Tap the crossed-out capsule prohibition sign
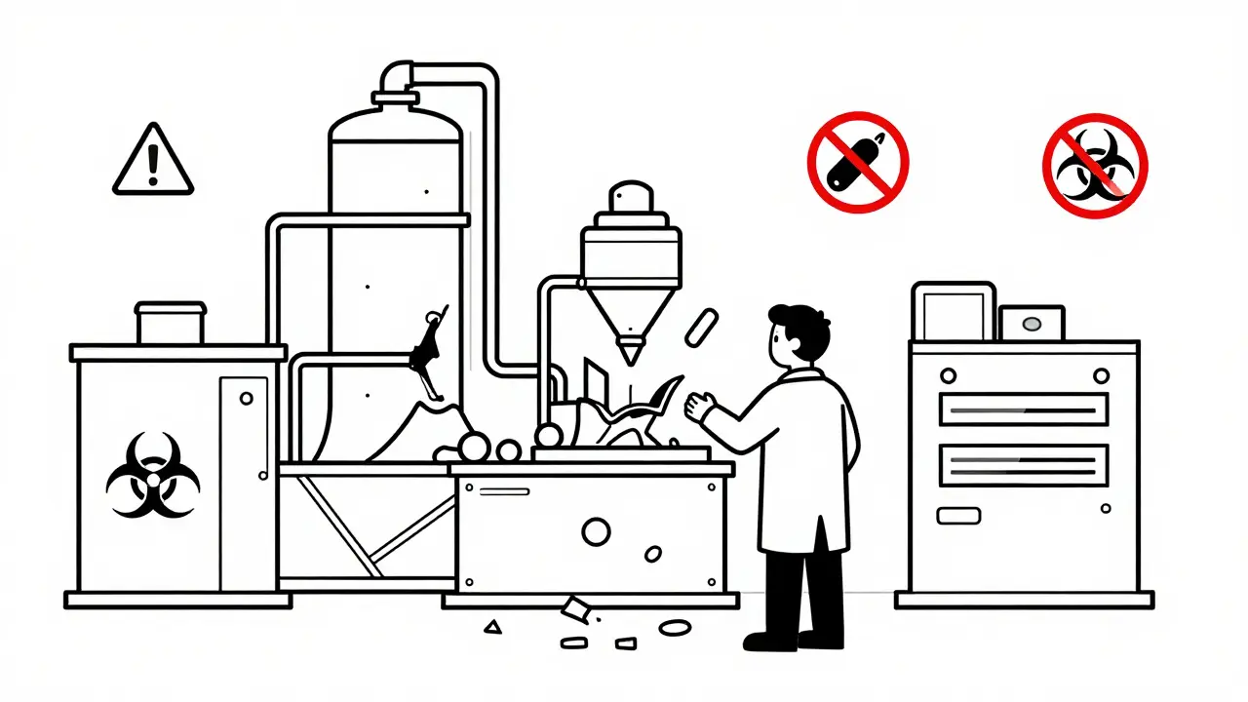[x=858, y=162]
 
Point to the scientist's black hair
[x=801, y=327]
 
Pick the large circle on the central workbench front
[x=595, y=531]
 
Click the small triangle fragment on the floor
[x=493, y=627]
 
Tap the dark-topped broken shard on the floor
[x=575, y=610]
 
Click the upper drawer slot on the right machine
[x=1024, y=409]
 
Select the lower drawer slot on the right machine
[x=1024, y=465]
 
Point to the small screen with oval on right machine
[x=1032, y=323]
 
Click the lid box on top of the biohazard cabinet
[x=171, y=323]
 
